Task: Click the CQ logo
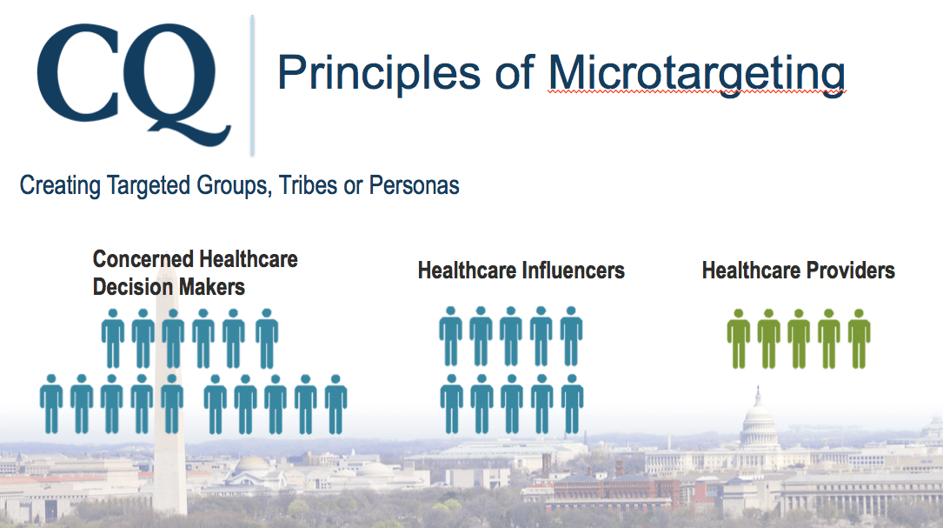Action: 134,84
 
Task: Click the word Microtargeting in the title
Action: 696,74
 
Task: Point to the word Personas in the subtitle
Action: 414,184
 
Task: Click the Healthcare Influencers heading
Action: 521,271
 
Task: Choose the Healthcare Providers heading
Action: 799,271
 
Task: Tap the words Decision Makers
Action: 169,286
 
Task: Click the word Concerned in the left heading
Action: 139,259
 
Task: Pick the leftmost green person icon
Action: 739,338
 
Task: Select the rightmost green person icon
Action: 859,338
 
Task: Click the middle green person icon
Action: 799,338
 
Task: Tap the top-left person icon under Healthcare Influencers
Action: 450,336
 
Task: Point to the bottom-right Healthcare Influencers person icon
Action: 572,404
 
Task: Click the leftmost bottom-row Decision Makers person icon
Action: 51,404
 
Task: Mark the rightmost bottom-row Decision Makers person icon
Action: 335,404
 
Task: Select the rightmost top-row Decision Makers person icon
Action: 267,338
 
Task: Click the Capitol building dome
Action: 758,416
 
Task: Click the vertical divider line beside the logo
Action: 252,85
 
